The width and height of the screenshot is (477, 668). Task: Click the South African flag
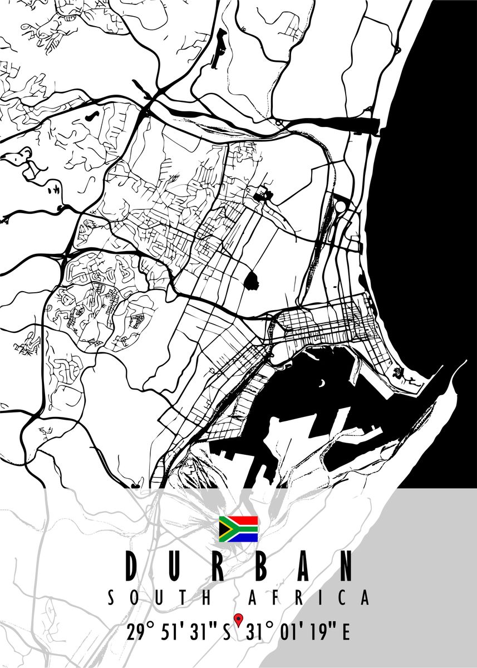click(238, 529)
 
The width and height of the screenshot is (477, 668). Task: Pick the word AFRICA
click(308, 598)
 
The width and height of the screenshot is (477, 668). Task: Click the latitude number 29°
click(139, 632)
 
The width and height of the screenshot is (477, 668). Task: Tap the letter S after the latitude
click(227, 632)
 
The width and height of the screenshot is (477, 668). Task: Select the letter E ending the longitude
click(346, 632)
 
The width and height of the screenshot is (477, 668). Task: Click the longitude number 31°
click(259, 632)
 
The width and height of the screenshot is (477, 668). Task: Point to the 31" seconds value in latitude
click(203, 632)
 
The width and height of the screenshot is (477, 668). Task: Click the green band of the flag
click(245, 529)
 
